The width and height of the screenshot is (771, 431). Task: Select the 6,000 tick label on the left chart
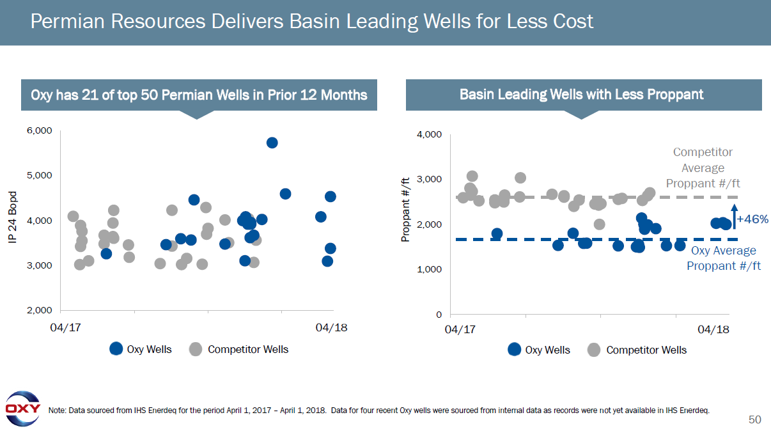(x=39, y=130)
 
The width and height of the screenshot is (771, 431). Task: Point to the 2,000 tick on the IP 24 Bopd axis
(x=39, y=311)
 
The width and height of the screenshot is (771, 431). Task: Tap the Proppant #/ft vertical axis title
(x=404, y=208)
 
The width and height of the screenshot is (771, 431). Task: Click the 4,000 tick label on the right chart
(x=429, y=135)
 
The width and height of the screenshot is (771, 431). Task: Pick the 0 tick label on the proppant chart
(x=439, y=315)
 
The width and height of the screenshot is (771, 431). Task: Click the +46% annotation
(x=752, y=219)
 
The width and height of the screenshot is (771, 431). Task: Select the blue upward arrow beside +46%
(x=735, y=216)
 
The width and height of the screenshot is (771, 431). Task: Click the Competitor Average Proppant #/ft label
(x=703, y=168)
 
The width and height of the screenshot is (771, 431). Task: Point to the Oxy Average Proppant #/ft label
(x=724, y=258)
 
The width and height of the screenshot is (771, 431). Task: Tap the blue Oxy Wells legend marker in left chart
(x=116, y=349)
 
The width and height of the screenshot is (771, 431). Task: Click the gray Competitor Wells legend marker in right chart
(x=594, y=350)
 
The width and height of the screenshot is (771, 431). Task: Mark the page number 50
(x=755, y=419)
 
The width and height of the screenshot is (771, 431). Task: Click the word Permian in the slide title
(x=68, y=22)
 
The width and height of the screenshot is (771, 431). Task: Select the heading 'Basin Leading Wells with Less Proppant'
(x=581, y=95)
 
